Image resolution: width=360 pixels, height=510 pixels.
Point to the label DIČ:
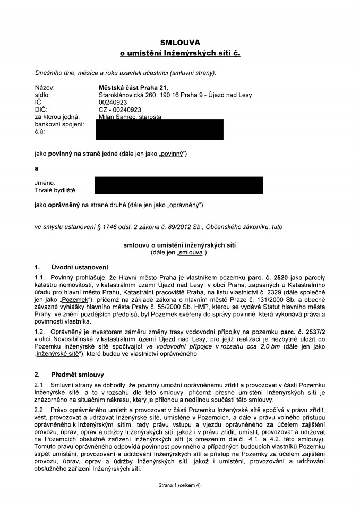click(x=41, y=109)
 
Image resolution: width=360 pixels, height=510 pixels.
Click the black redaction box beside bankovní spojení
click(x=159, y=129)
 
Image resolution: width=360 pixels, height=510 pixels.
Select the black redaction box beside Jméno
click(x=178, y=185)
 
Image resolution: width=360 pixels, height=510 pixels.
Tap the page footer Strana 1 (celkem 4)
click(x=179, y=485)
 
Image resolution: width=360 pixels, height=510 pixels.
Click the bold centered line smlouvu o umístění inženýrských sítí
click(x=179, y=245)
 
